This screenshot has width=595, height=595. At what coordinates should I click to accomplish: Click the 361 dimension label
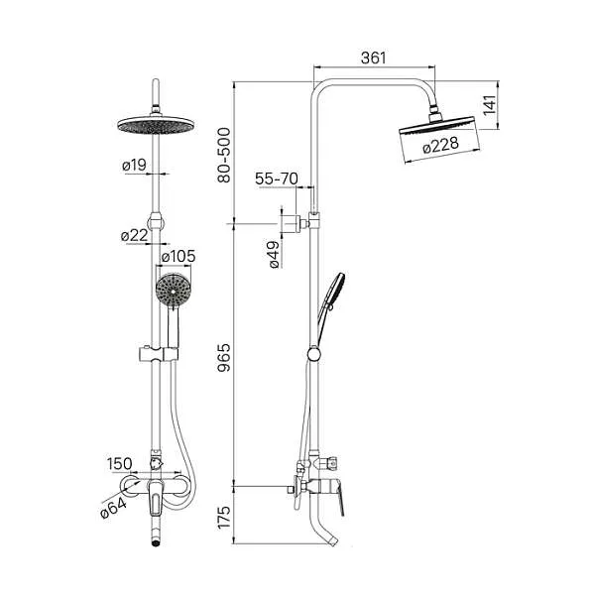pyautogui.click(x=374, y=58)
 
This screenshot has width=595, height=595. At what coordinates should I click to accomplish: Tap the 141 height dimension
pyautogui.click(x=490, y=105)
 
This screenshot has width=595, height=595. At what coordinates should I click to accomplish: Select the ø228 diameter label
pyautogui.click(x=440, y=145)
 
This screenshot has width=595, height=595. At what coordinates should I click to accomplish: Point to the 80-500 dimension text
pyautogui.click(x=224, y=156)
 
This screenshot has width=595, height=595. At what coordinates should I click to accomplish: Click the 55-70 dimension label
pyautogui.click(x=277, y=178)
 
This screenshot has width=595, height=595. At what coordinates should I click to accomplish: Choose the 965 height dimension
pyautogui.click(x=224, y=357)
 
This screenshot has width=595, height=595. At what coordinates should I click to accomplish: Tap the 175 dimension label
pyautogui.click(x=224, y=517)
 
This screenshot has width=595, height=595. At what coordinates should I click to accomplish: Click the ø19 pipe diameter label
pyautogui.click(x=134, y=165)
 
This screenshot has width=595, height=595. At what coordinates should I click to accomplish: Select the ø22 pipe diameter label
pyautogui.click(x=134, y=236)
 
